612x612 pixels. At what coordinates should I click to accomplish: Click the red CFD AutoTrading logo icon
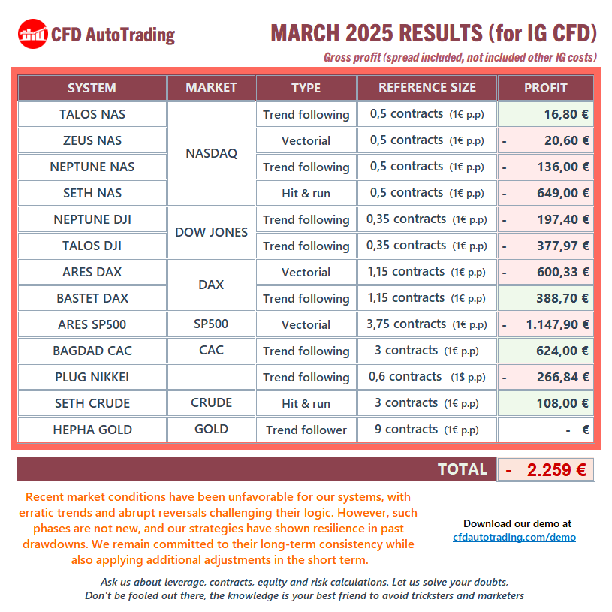click(32, 34)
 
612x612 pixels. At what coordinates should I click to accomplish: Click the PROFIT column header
click(545, 88)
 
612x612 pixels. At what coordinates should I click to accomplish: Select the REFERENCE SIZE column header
click(427, 88)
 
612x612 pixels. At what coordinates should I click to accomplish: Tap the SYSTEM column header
click(92, 88)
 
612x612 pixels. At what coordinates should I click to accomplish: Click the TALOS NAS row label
click(92, 114)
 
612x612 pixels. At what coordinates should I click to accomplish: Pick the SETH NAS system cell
click(92, 193)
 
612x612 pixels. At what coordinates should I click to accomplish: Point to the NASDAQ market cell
click(211, 153)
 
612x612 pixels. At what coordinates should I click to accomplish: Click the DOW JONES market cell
click(211, 232)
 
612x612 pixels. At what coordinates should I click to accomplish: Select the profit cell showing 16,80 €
click(546, 114)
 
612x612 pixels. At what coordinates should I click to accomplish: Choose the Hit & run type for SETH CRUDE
click(306, 403)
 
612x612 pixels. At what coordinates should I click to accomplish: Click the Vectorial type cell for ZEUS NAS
click(306, 140)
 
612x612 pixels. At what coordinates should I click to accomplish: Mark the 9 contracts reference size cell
click(427, 430)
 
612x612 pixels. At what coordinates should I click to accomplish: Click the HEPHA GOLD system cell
click(92, 430)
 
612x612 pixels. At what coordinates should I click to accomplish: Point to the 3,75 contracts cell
click(427, 324)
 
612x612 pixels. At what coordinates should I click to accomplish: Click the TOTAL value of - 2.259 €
click(546, 470)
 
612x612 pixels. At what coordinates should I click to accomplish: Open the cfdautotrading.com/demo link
click(514, 537)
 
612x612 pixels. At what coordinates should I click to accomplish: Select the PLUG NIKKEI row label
click(92, 377)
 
